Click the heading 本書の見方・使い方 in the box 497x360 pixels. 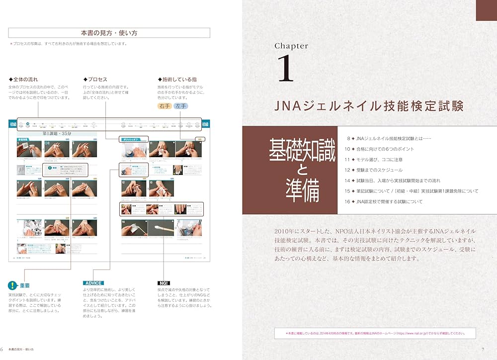coord(109,33)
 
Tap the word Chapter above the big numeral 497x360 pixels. coord(291,46)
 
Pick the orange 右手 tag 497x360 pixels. coord(165,106)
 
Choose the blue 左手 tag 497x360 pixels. coord(181,106)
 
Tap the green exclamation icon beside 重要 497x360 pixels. coord(12,285)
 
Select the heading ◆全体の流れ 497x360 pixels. coord(23,80)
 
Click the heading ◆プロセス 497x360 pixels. coord(95,80)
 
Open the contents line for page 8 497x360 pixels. coord(393,138)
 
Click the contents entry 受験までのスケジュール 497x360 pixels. coord(382,170)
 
